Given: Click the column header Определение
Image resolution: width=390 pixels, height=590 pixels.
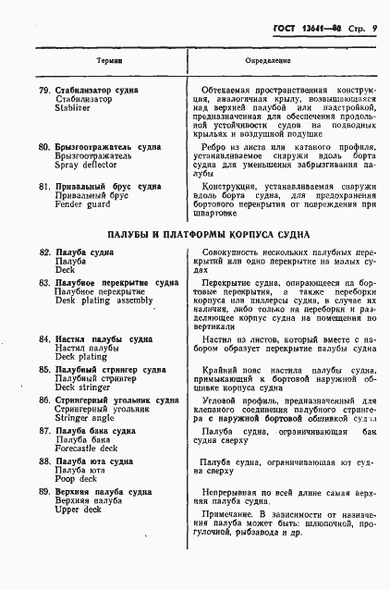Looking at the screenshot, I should [x=268, y=60].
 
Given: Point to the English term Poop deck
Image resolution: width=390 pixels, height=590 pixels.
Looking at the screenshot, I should [x=76, y=479].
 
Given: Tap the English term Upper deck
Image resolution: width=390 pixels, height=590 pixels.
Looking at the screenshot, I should [x=79, y=510].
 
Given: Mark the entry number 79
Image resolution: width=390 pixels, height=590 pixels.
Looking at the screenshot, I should [x=44, y=90].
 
